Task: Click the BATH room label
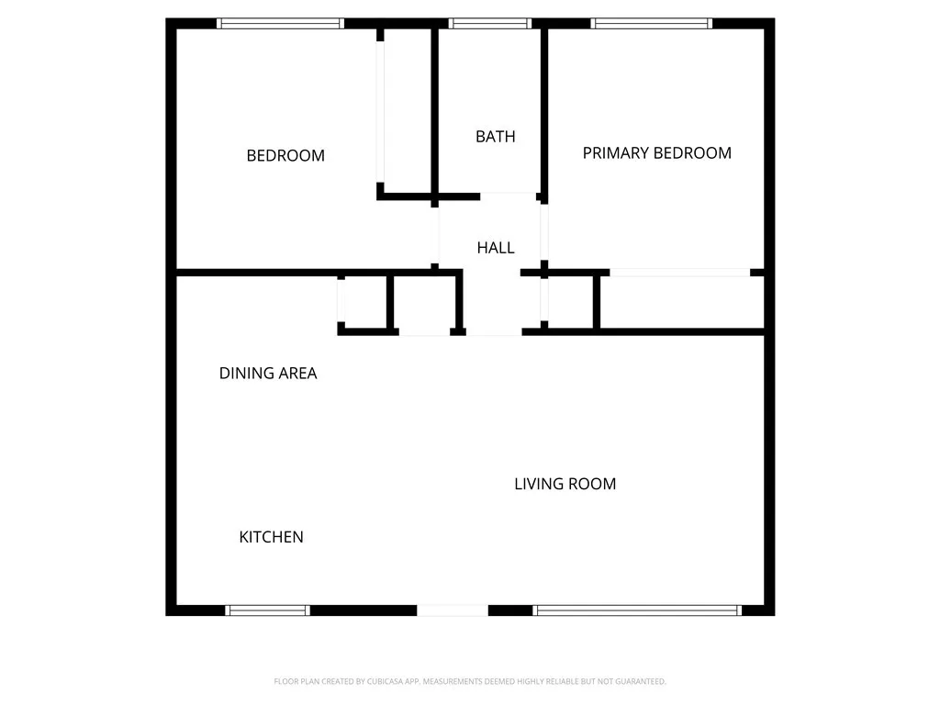(x=495, y=137)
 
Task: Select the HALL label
(x=495, y=248)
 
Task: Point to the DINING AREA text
(x=268, y=374)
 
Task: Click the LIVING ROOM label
(x=565, y=484)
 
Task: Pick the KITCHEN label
(x=271, y=537)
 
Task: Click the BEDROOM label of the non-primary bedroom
(x=285, y=156)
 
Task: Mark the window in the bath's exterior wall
(x=490, y=24)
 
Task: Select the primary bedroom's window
(x=652, y=24)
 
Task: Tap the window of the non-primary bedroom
(x=280, y=24)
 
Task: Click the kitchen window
(x=268, y=610)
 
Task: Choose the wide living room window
(x=637, y=610)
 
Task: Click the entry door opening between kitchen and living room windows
(x=453, y=610)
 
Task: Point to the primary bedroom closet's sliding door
(x=680, y=273)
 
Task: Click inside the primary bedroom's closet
(x=681, y=301)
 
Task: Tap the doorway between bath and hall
(x=509, y=196)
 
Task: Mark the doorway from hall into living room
(x=494, y=331)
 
